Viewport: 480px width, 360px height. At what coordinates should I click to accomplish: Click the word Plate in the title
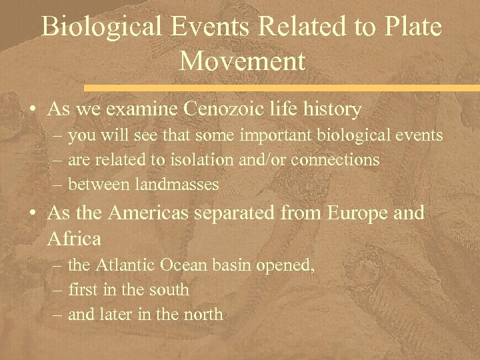coord(408,27)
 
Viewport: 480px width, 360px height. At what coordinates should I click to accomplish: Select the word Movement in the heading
coord(242,61)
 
